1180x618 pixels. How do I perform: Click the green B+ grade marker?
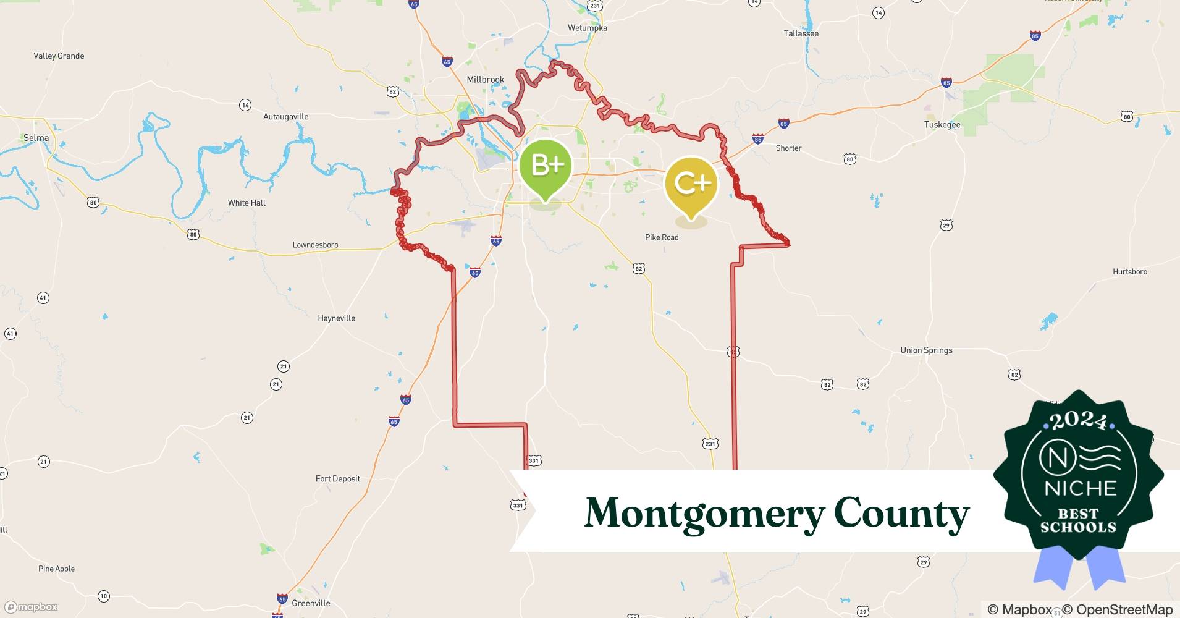click(x=545, y=166)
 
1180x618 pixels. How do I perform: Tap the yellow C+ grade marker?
click(x=691, y=183)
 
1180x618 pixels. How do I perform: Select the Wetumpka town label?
click(x=587, y=28)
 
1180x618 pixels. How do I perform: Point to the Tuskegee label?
click(x=942, y=125)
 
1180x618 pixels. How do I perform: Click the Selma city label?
click(x=36, y=138)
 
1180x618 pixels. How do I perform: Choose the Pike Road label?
click(x=661, y=237)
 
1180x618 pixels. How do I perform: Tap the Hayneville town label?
click(x=336, y=318)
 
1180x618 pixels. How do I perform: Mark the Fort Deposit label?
click(x=337, y=479)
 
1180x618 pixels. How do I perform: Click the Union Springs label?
click(x=925, y=350)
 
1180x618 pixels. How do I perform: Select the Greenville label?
click(x=311, y=603)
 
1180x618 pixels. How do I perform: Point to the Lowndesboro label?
click(x=315, y=245)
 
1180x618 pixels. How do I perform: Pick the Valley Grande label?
click(x=59, y=56)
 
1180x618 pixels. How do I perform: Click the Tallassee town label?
click(x=801, y=33)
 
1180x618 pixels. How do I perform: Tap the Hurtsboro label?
click(x=1129, y=272)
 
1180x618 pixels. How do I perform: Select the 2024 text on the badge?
click(x=1079, y=421)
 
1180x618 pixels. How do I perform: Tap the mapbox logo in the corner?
click(x=31, y=607)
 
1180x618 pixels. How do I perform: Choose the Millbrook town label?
click(x=485, y=80)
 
